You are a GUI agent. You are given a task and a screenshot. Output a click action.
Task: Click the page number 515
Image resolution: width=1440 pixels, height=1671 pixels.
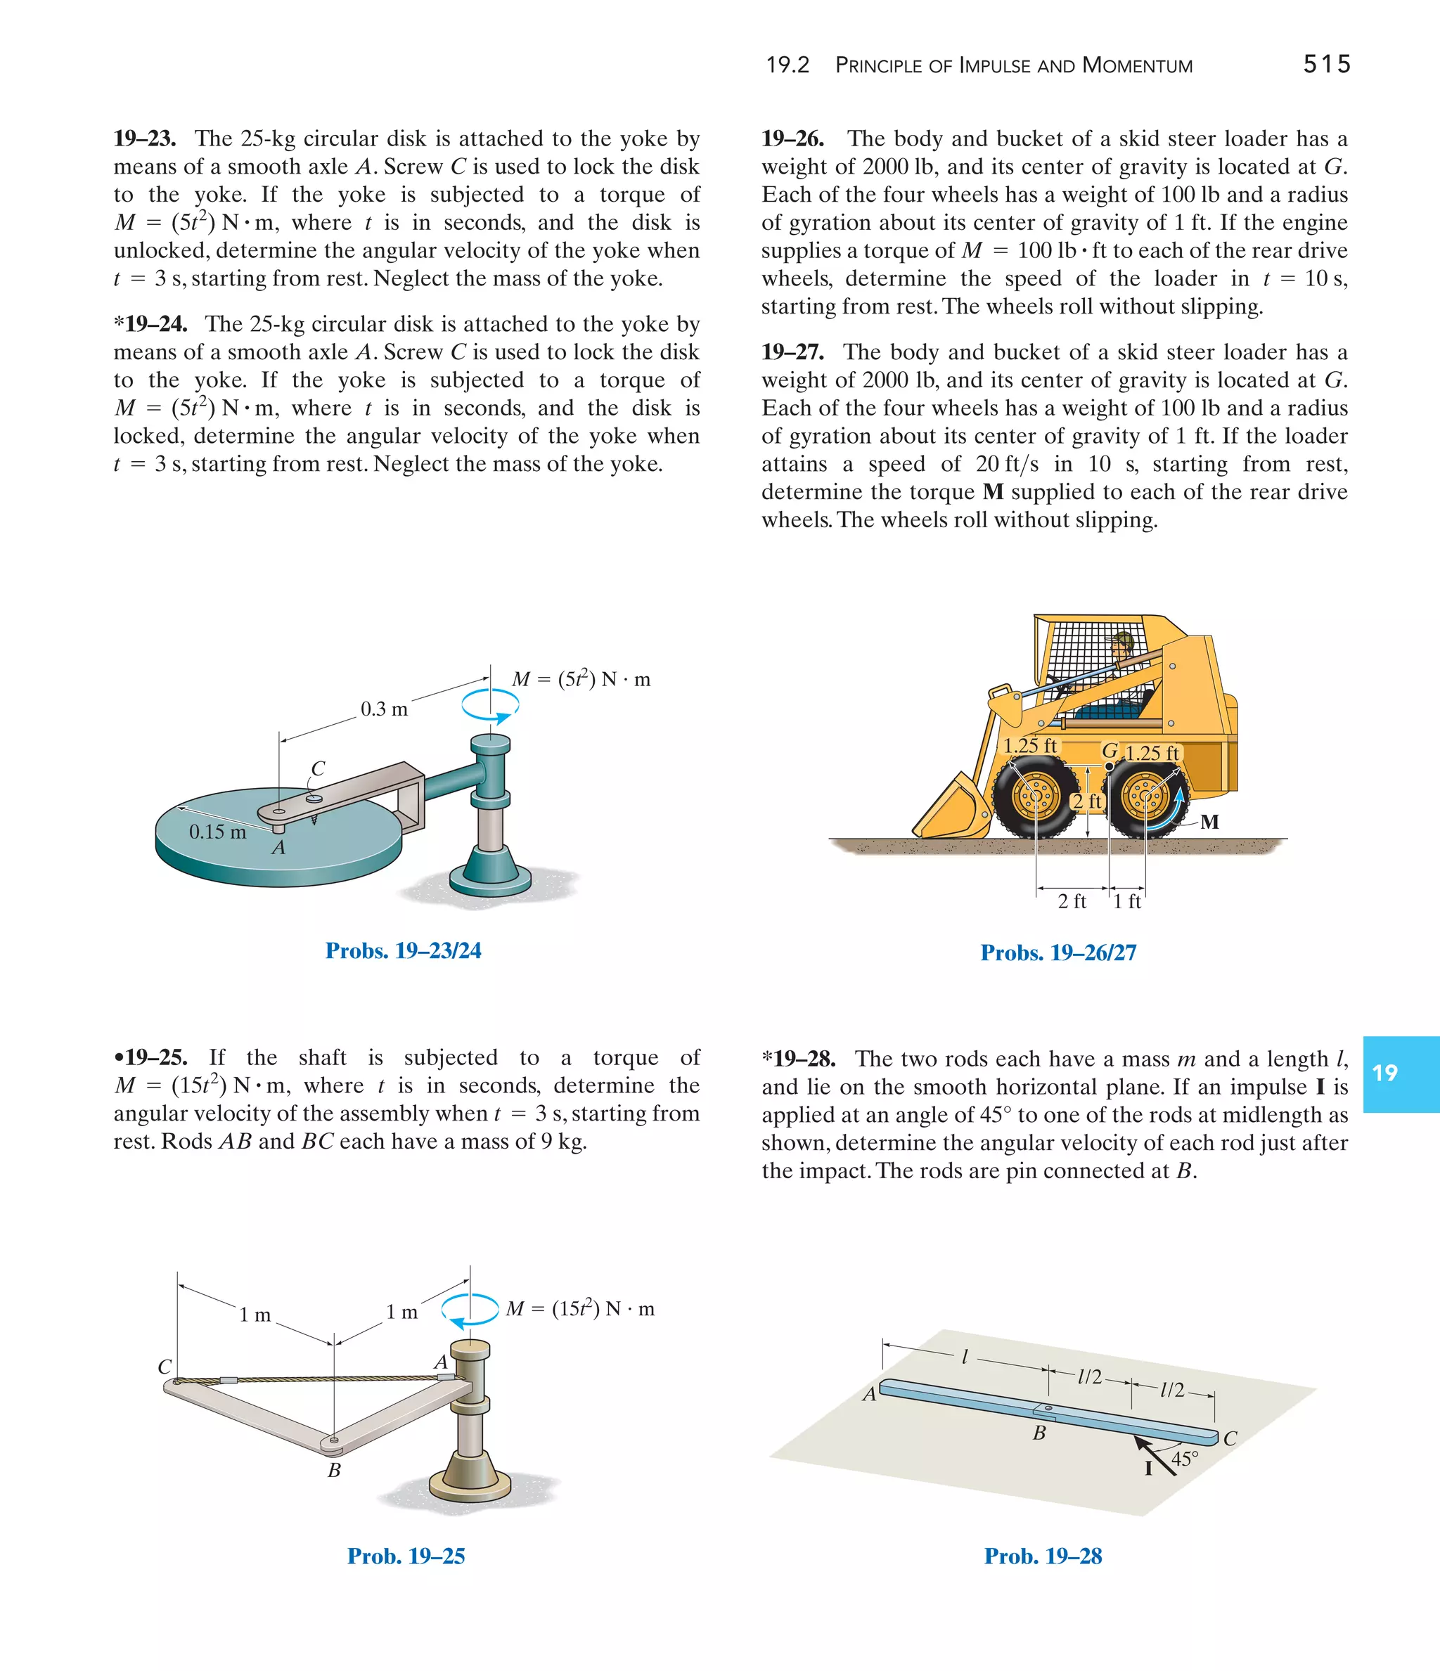click(x=1326, y=65)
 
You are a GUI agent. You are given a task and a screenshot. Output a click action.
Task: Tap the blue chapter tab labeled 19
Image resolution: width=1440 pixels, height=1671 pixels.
click(x=1401, y=1073)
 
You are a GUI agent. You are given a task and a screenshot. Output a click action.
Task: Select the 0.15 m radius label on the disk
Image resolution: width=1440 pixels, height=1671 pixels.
click(x=217, y=832)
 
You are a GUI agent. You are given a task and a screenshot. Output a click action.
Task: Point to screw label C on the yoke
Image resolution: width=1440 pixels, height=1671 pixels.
click(x=318, y=768)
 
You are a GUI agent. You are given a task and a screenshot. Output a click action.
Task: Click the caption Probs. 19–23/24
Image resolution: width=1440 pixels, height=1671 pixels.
click(x=404, y=951)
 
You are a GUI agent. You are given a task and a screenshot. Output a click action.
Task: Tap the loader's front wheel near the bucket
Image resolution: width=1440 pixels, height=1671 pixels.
click(x=1035, y=799)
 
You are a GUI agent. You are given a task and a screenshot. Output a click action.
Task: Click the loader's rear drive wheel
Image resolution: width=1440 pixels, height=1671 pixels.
click(x=1145, y=799)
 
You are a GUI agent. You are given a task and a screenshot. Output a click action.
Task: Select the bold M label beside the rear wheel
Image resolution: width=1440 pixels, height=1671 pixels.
click(x=1209, y=822)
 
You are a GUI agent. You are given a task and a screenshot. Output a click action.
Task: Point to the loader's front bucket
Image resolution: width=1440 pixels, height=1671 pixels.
click(x=952, y=810)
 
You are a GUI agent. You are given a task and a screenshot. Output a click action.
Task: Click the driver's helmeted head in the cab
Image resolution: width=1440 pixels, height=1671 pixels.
click(x=1122, y=645)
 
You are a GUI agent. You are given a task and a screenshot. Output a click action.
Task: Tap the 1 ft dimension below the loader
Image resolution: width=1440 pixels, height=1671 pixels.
click(x=1127, y=902)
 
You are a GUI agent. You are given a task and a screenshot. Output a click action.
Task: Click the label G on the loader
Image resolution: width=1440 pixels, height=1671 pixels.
click(x=1110, y=751)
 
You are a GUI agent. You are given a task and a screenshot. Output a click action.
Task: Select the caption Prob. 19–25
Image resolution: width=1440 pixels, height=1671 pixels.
click(x=406, y=1556)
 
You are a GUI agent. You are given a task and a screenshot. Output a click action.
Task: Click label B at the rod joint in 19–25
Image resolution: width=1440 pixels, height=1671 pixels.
click(x=334, y=1470)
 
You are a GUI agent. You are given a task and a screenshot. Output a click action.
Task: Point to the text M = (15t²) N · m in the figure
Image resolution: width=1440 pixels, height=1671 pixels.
click(x=580, y=1309)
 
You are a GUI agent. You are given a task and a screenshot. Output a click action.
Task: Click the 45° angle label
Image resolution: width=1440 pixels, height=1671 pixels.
click(x=1184, y=1458)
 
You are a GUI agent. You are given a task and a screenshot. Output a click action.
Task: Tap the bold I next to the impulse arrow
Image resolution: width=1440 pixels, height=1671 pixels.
click(x=1149, y=1469)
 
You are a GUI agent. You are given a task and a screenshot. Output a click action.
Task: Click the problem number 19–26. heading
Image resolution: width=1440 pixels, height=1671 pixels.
click(x=792, y=138)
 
